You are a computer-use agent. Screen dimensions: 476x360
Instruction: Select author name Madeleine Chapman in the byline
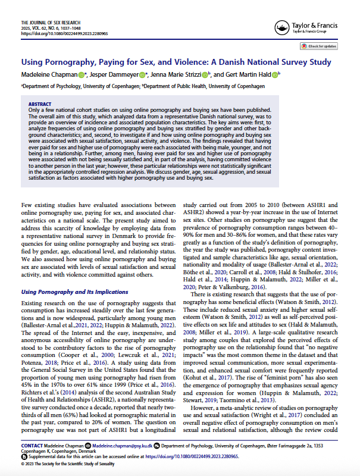[50, 74]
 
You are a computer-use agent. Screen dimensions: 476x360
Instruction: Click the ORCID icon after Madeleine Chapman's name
[83, 74]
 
